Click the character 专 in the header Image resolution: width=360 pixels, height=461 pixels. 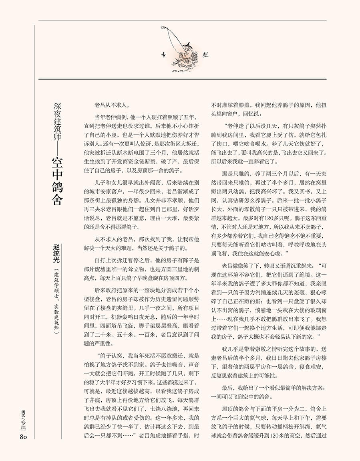click(163, 55)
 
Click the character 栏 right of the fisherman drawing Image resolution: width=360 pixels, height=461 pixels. click(206, 55)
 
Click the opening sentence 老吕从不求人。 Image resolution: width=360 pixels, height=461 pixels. click(112, 106)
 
